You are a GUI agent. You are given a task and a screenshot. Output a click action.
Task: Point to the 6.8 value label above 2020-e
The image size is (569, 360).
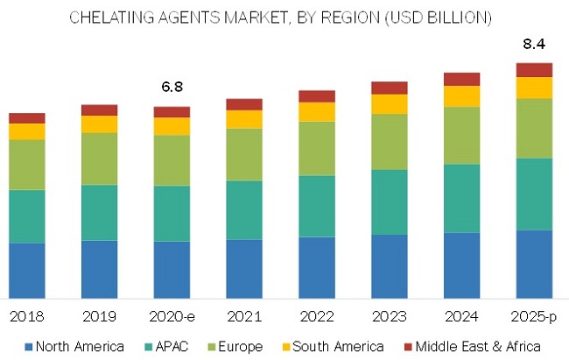(x=172, y=88)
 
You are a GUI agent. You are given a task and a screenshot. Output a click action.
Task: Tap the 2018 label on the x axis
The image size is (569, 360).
(x=27, y=314)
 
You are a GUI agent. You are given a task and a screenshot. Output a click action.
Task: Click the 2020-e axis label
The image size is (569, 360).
(x=172, y=314)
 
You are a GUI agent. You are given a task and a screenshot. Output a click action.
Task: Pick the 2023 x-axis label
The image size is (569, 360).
(x=389, y=314)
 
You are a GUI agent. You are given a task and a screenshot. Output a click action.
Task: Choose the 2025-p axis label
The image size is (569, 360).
(x=534, y=314)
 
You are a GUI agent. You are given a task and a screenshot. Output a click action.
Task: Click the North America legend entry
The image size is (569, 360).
(x=74, y=345)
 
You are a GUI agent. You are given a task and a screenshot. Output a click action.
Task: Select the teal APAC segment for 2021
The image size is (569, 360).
(x=244, y=209)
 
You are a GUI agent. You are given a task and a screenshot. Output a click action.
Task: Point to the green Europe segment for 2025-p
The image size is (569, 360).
(x=534, y=128)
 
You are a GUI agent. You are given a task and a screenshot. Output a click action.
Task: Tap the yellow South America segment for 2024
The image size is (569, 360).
(x=461, y=96)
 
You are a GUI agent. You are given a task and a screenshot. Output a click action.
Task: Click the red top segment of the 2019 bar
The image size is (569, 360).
(x=100, y=109)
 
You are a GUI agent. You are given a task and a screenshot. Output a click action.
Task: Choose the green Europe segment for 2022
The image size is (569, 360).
(x=317, y=148)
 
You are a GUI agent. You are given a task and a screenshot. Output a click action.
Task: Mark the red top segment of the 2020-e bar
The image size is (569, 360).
(x=172, y=112)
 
